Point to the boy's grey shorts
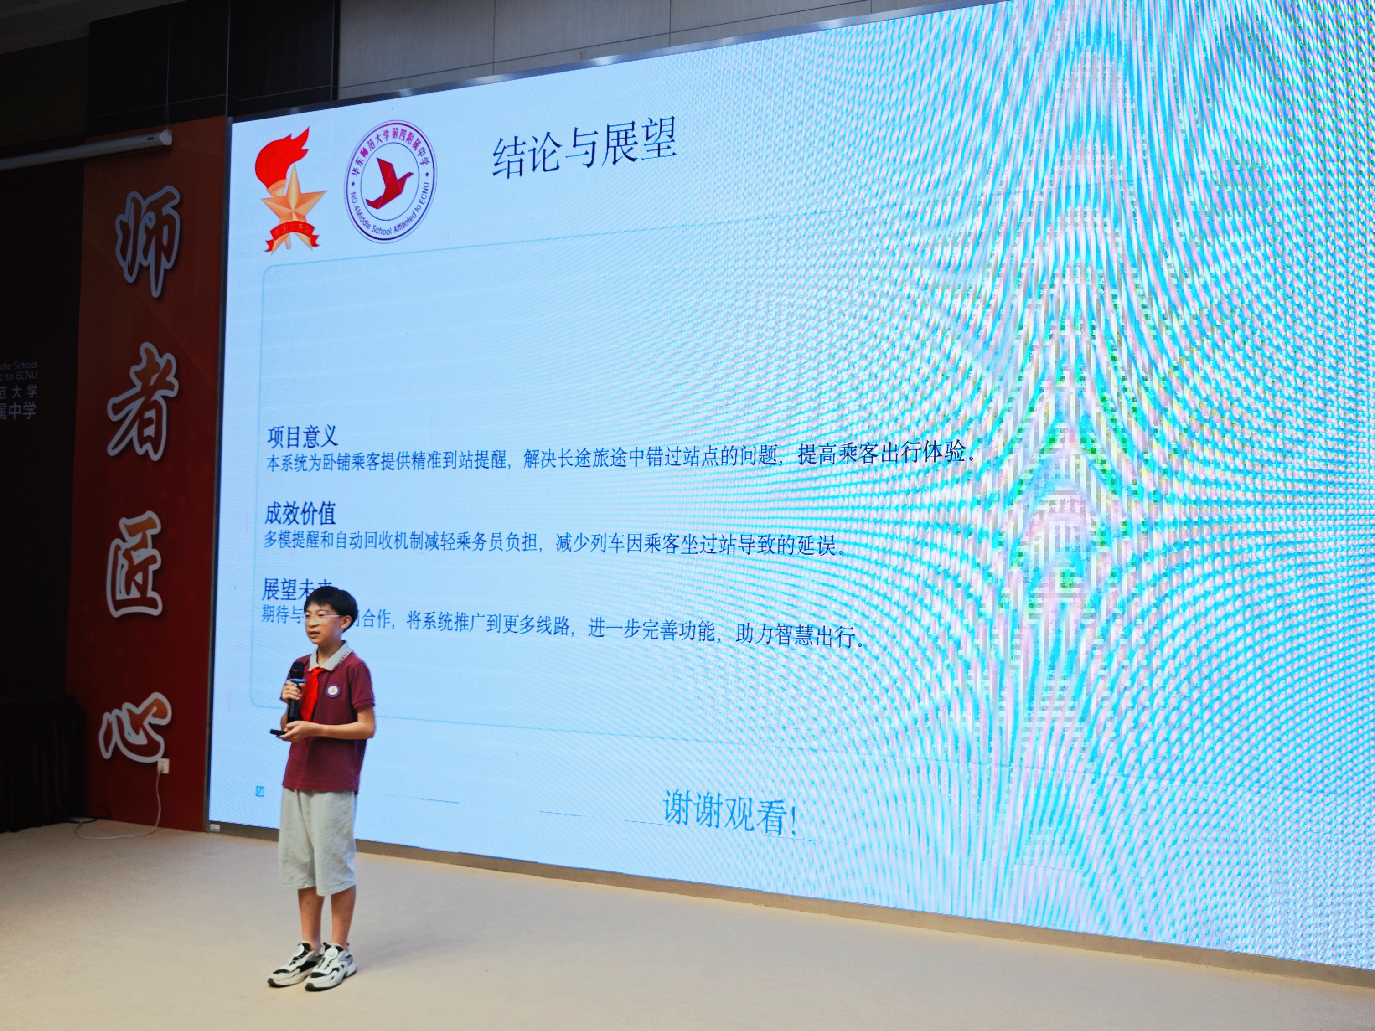[317, 839]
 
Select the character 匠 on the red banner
[135, 569]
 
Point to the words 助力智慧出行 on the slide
[798, 635]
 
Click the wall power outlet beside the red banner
[162, 766]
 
